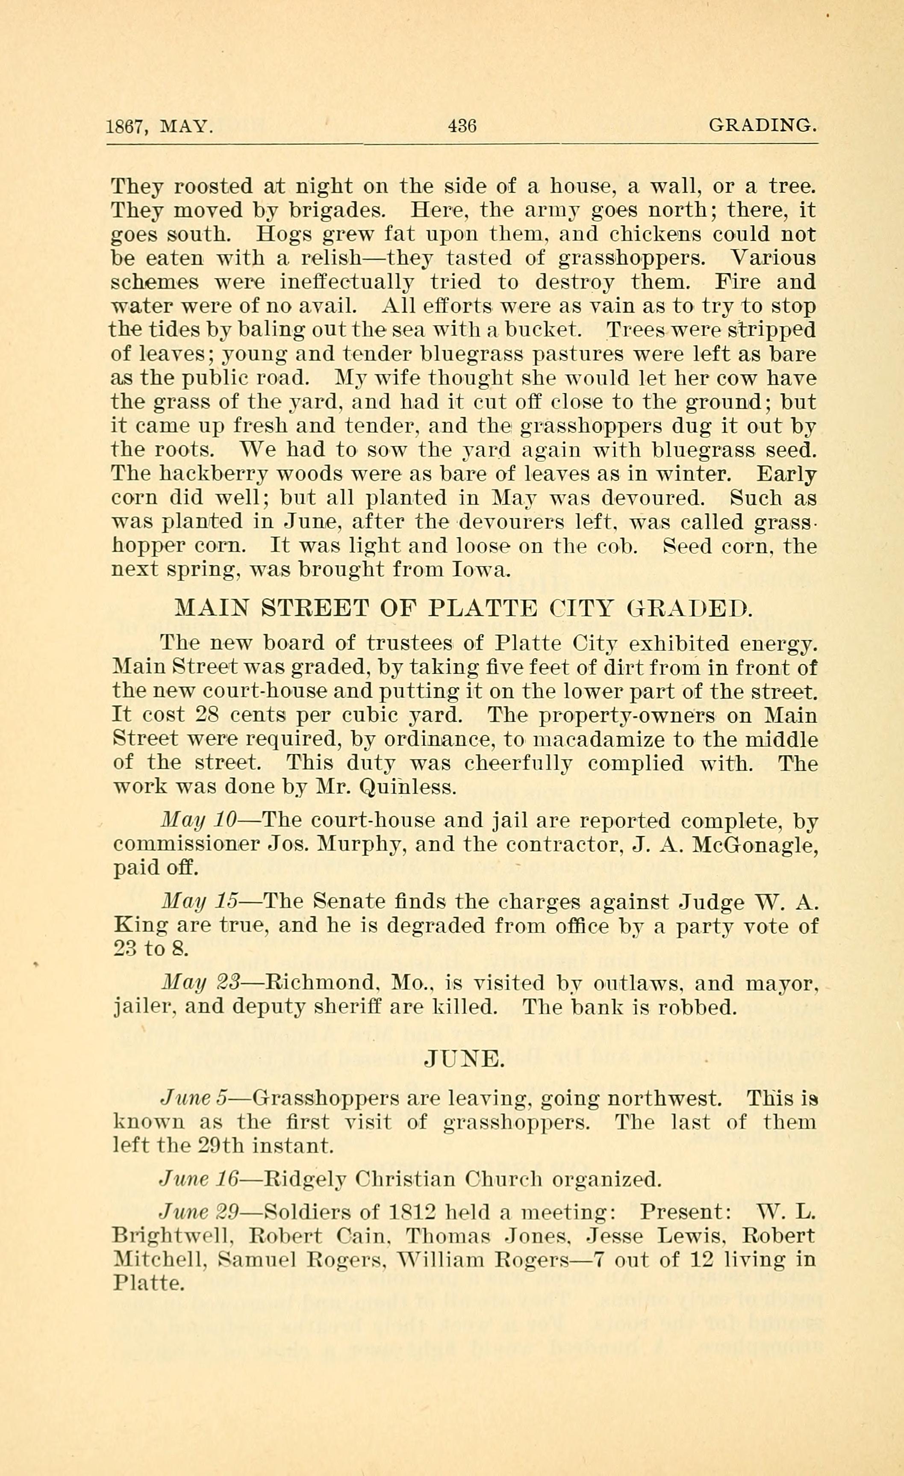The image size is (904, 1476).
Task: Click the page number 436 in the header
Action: (462, 127)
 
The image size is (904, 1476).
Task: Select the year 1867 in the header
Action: (124, 127)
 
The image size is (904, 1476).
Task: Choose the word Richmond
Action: (321, 983)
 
